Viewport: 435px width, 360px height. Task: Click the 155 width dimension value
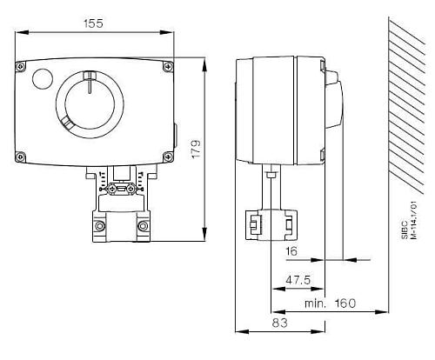pos(93,23)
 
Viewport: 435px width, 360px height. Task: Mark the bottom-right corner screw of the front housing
pos(166,157)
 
